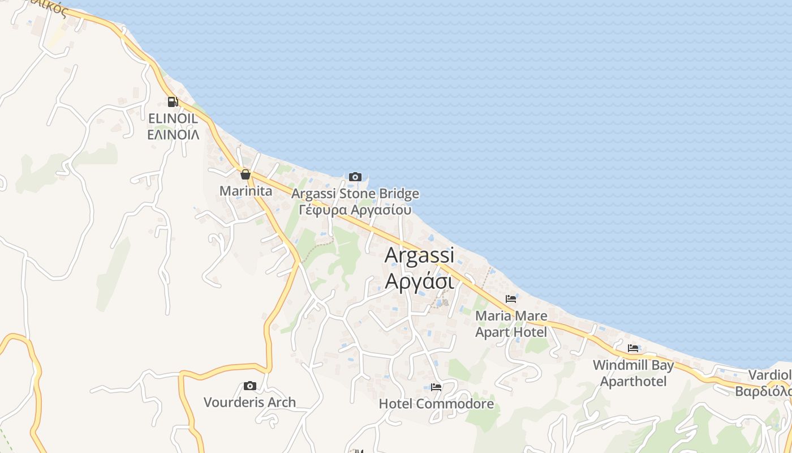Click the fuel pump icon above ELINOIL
(173, 102)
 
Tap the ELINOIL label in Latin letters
(173, 119)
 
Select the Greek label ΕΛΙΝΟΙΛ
(173, 135)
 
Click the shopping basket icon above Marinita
(245, 174)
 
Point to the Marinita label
(246, 191)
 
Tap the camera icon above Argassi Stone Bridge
(355, 177)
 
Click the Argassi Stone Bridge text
(355, 194)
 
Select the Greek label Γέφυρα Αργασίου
(355, 210)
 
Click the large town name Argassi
(419, 255)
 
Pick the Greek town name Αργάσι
(419, 280)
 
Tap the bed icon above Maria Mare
(511, 299)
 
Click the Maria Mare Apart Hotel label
(511, 324)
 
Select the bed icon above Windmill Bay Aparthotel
(633, 348)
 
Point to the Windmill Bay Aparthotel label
(633, 373)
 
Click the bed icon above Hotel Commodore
(436, 387)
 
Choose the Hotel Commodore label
(436, 404)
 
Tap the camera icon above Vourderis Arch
(249, 386)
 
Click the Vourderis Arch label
(249, 403)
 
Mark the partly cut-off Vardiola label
(769, 383)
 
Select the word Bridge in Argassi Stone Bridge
(398, 194)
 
